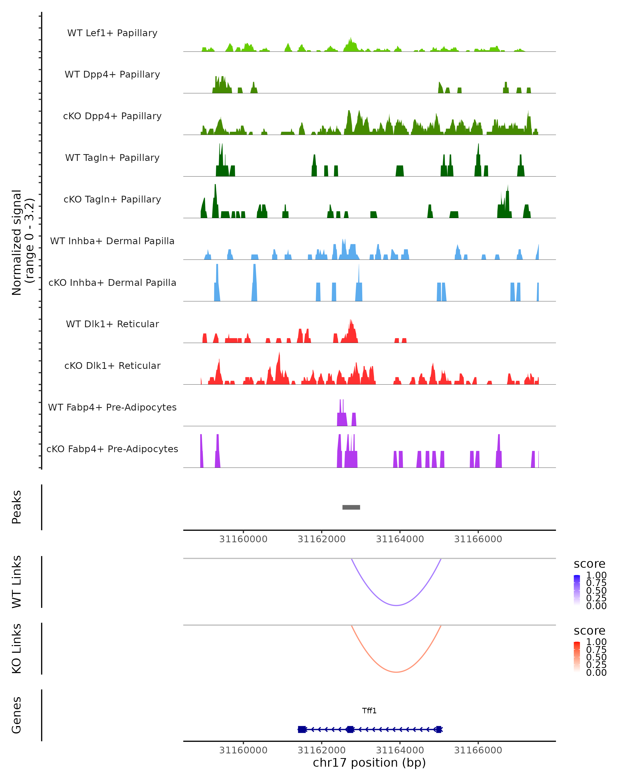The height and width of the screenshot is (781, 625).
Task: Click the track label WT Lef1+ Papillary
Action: click(x=112, y=33)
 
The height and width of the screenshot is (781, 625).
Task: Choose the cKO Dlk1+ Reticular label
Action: click(x=112, y=366)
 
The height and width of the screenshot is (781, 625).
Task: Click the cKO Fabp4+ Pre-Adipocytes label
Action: click(x=112, y=449)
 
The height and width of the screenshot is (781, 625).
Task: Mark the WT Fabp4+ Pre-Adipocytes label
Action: click(x=112, y=407)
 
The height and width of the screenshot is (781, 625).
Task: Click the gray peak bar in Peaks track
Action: click(x=351, y=507)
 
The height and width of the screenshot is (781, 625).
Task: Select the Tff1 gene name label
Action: click(x=369, y=711)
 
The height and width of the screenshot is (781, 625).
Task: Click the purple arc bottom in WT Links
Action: click(x=396, y=605)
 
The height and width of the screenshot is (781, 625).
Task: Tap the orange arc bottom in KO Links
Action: click(x=396, y=672)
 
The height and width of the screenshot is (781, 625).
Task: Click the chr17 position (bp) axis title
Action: click(x=369, y=763)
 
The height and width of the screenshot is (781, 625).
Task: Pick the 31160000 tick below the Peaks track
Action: click(x=243, y=539)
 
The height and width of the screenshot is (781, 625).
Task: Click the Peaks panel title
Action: click(x=17, y=507)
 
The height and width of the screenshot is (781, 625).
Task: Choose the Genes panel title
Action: click(x=17, y=715)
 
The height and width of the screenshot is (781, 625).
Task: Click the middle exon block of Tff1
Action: click(x=350, y=729)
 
